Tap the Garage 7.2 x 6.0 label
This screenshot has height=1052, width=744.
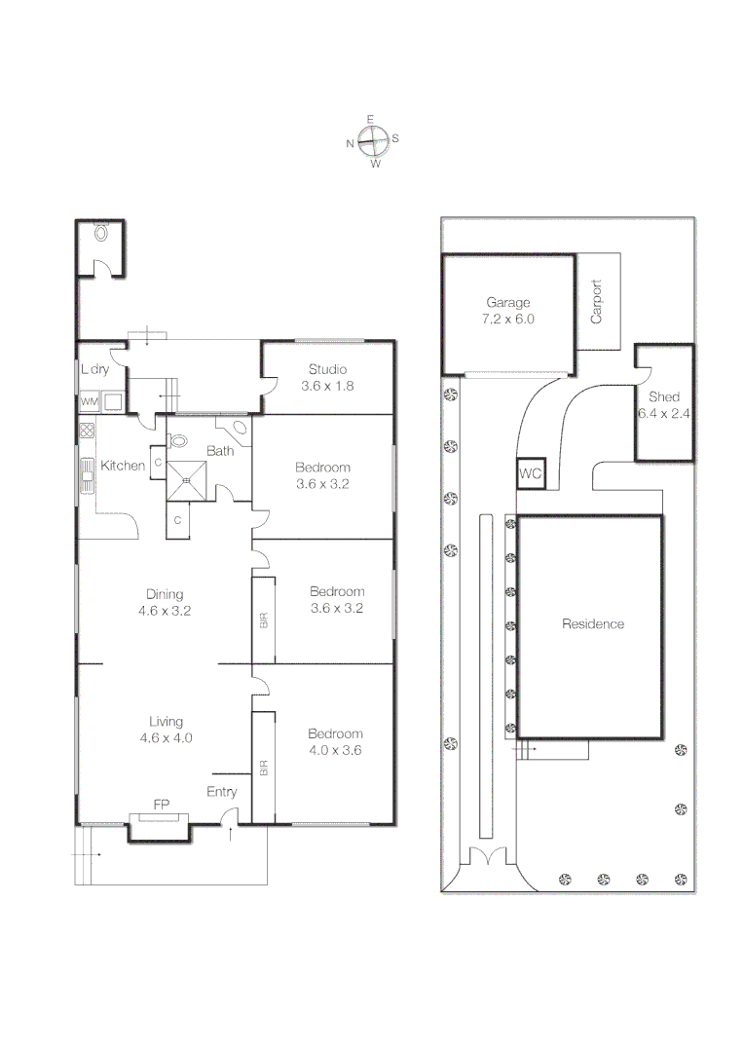(507, 311)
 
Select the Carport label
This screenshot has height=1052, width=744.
(597, 302)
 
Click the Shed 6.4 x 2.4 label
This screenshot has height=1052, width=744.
(665, 405)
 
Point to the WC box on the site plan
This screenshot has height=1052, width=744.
(531, 473)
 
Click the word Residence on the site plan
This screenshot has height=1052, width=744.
(592, 624)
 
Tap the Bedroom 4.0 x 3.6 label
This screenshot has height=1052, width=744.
(335, 742)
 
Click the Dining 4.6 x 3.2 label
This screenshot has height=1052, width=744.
(165, 603)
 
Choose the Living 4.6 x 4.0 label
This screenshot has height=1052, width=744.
(166, 730)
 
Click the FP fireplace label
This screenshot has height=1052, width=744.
(161, 806)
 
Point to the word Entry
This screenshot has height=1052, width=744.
(221, 792)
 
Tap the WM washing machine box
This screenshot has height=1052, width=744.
(89, 401)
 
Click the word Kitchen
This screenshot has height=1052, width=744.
(123, 466)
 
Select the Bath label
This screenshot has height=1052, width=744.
(220, 451)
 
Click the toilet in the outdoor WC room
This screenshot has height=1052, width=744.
(101, 233)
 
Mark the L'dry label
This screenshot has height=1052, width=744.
(94, 369)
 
